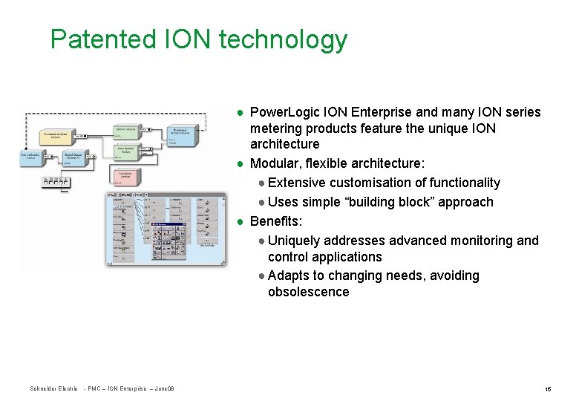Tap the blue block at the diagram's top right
tap(180, 135)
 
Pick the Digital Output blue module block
tap(71, 157)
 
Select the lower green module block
tap(129, 151)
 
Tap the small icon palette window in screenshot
tap(170, 237)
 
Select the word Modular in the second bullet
tap(275, 163)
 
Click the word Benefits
tap(275, 221)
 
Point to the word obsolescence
tap(308, 292)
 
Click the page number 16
tap(547, 389)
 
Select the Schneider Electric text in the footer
tap(53, 389)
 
